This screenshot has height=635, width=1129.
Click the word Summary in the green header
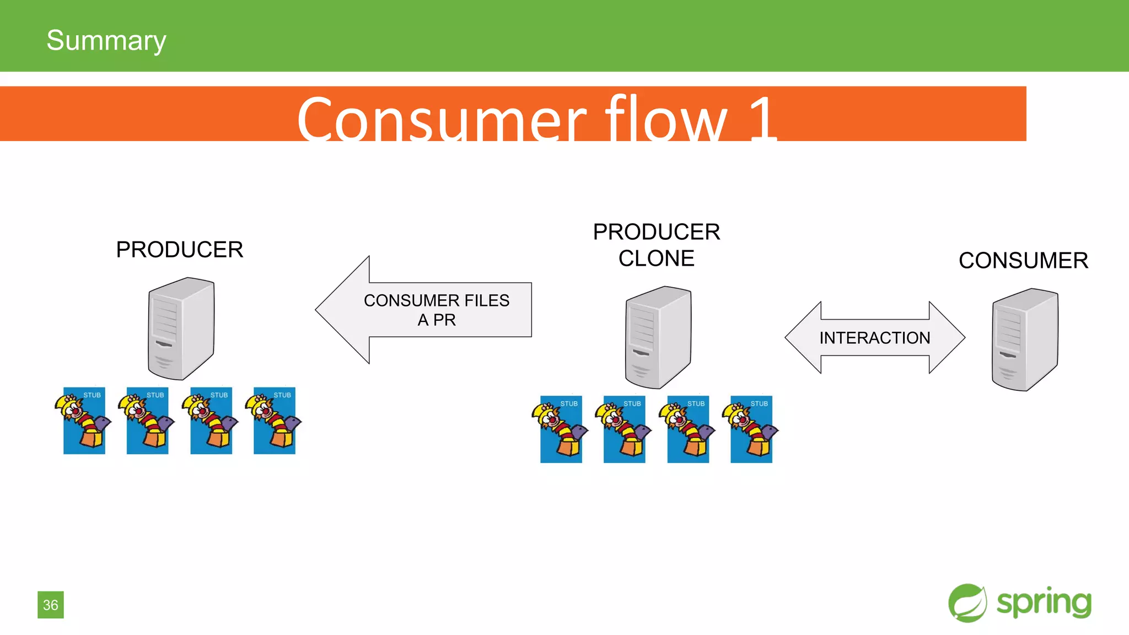coord(106,40)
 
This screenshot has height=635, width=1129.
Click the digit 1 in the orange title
coord(763,119)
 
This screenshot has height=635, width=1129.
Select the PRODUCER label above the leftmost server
coord(179,250)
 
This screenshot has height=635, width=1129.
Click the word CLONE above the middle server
coord(656,259)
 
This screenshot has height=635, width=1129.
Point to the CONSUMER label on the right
coord(1023,261)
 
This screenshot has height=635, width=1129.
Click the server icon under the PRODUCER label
coord(181,329)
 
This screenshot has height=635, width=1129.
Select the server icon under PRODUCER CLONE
coord(658,337)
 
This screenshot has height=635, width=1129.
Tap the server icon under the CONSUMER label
coord(1024,340)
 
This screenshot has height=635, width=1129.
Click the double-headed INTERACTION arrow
coord(874,337)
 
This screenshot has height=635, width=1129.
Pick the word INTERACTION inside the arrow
coord(874,337)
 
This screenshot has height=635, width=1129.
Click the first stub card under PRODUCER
coord(84,421)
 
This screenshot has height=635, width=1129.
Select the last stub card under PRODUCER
coord(274,421)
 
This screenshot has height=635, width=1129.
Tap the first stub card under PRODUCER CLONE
coord(561,429)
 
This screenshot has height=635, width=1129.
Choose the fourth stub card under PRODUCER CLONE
coord(751,429)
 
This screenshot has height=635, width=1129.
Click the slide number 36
coord(50,605)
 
